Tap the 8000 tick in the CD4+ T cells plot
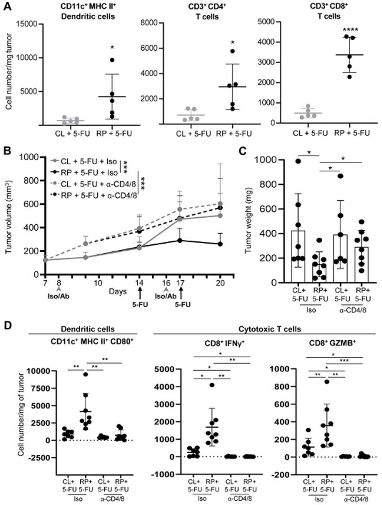click(157, 24)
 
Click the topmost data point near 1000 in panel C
click(298, 161)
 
